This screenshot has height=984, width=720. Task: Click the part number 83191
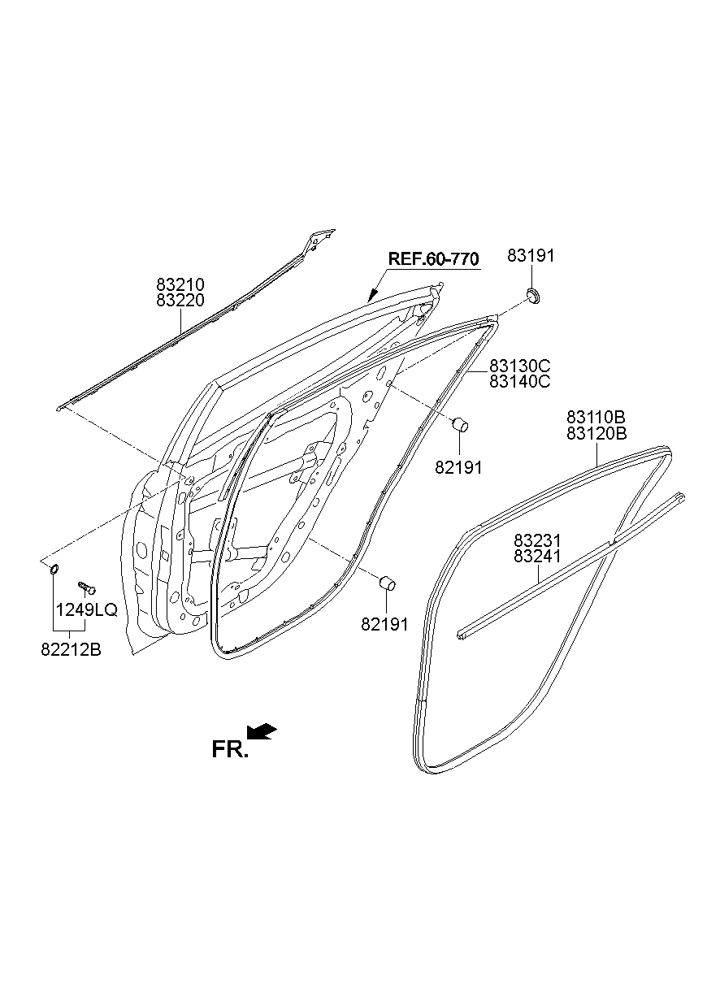point(531,256)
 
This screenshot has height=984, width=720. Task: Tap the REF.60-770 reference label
point(433,259)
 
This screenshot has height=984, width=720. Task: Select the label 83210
point(180,284)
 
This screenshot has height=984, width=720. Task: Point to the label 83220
point(180,300)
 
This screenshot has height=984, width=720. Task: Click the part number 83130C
point(520,365)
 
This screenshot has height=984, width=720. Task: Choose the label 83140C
point(520,380)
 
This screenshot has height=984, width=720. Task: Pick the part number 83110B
point(596,417)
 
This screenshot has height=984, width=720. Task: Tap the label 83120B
point(596,433)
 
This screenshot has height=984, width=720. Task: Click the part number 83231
point(538,540)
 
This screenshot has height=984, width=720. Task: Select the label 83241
point(538,557)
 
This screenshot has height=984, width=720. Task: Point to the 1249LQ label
point(86,609)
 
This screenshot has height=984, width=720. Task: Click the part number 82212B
point(71,649)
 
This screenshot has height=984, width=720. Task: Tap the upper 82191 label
point(459,467)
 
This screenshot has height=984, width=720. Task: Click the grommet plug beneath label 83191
point(533,294)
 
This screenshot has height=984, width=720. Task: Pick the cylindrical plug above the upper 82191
point(459,423)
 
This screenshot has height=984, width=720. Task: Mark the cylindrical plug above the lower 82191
point(388,582)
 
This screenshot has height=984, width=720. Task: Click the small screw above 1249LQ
point(86,586)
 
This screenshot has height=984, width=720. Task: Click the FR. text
point(229,749)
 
